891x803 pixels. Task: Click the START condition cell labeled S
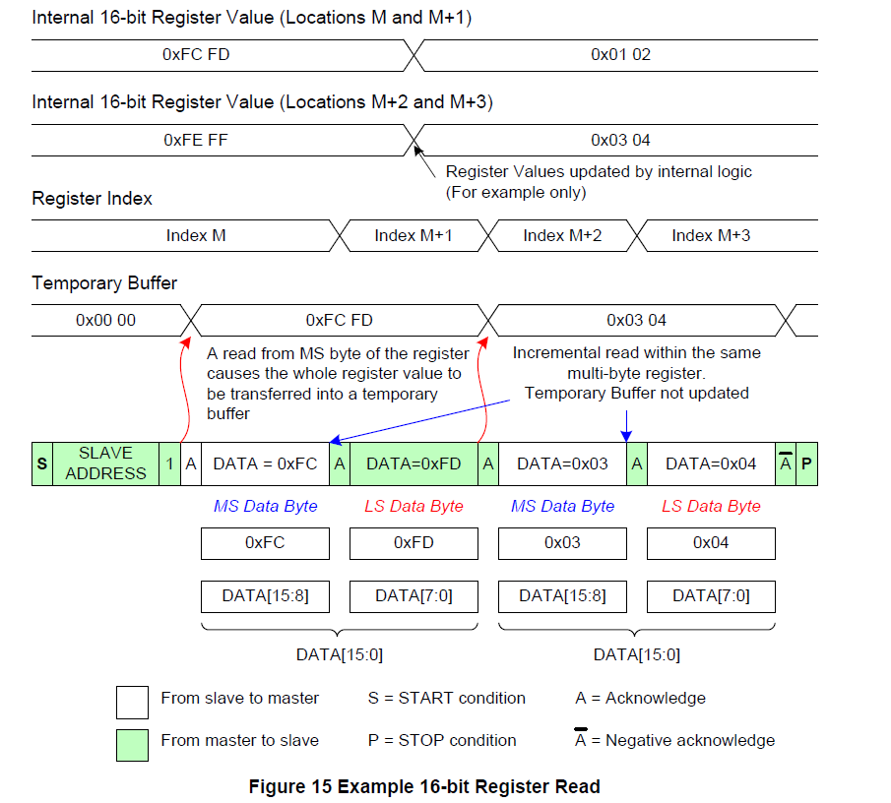pyautogui.click(x=41, y=463)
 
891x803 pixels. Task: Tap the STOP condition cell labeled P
pyautogui.click(x=806, y=463)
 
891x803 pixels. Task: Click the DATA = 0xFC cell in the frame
pyautogui.click(x=266, y=463)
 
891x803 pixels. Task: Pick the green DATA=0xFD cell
pyautogui.click(x=414, y=463)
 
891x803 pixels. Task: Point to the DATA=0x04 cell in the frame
pyautogui.click(x=711, y=463)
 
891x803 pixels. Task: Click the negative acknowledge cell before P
pyautogui.click(x=786, y=463)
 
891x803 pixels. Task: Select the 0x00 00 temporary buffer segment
pyautogui.click(x=105, y=320)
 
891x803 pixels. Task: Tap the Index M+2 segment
pyautogui.click(x=562, y=235)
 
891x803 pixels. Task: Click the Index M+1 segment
pyautogui.click(x=414, y=235)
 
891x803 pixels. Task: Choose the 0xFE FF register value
pyautogui.click(x=196, y=140)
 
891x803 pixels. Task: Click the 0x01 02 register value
pyautogui.click(x=620, y=54)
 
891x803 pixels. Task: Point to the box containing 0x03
pyautogui.click(x=562, y=543)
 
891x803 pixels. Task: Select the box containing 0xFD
pyautogui.click(x=414, y=543)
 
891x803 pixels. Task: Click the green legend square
pyautogui.click(x=132, y=745)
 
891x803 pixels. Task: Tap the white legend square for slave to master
pyautogui.click(x=132, y=703)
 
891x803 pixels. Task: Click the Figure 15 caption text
pyautogui.click(x=424, y=786)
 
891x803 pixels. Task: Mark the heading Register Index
pyautogui.click(x=93, y=199)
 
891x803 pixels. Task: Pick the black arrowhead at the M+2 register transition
pyautogui.click(x=418, y=150)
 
